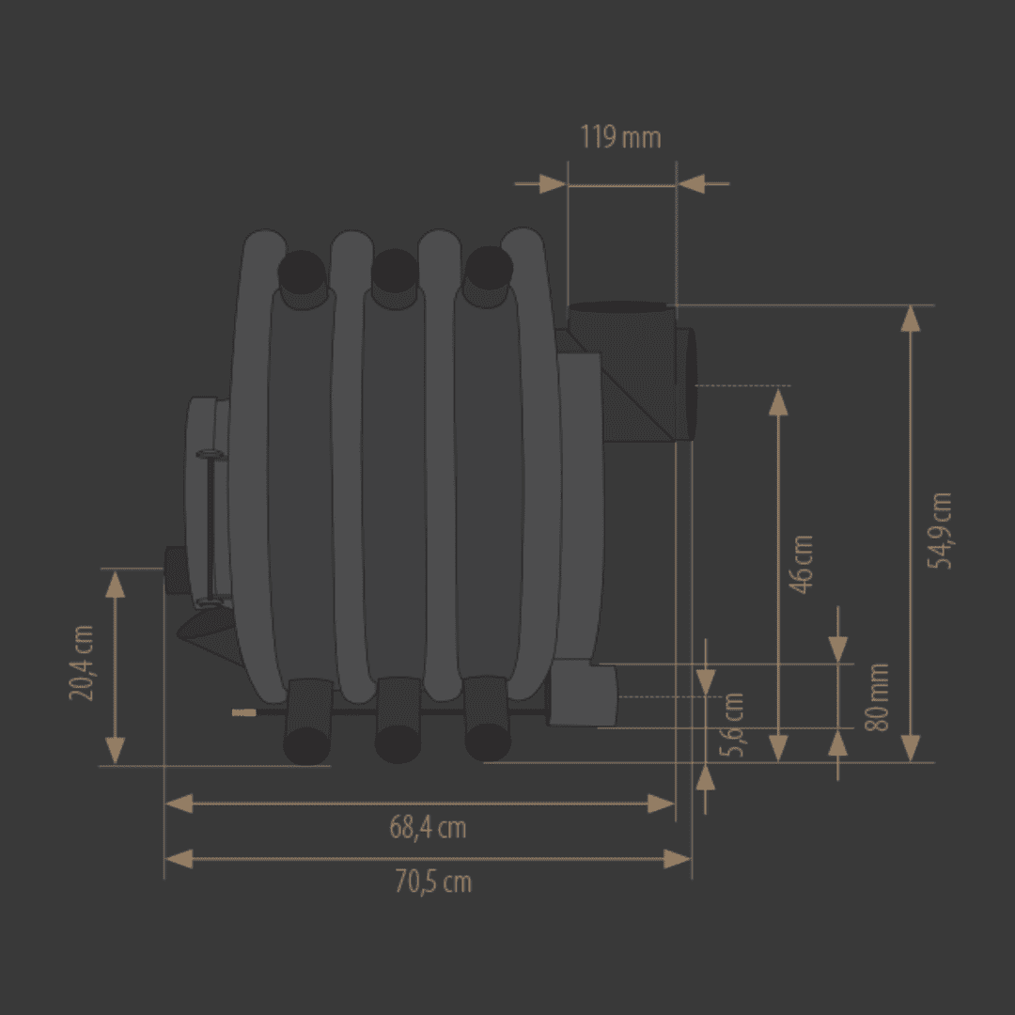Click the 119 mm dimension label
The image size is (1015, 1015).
(620, 137)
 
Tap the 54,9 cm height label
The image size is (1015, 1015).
(940, 531)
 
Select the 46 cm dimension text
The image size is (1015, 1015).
(802, 564)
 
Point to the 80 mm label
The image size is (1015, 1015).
(877, 697)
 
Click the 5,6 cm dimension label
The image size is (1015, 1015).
(732, 725)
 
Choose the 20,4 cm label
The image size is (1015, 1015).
(82, 663)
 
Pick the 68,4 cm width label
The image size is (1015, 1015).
(428, 828)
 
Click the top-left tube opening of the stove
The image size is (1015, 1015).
(303, 272)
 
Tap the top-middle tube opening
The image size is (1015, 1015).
(395, 271)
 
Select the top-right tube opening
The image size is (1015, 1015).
(489, 268)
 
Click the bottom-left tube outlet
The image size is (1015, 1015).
(306, 745)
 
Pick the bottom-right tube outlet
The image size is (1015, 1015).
(488, 742)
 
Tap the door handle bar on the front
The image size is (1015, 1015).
(211, 527)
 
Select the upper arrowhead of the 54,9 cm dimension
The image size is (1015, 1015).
(911, 320)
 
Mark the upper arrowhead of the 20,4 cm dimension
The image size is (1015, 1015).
(116, 584)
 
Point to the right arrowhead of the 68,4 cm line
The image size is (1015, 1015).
(661, 804)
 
